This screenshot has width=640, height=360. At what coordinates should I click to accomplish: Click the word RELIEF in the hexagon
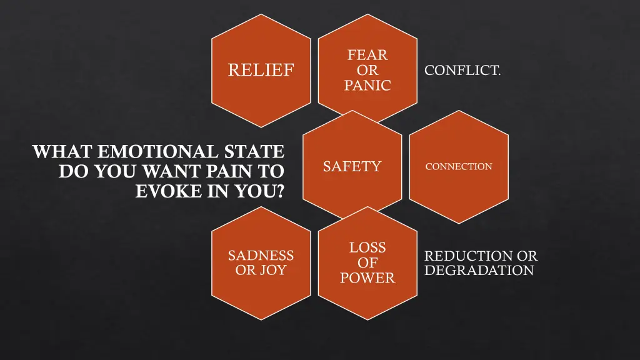(x=261, y=70)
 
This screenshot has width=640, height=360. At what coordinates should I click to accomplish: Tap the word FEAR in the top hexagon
(x=367, y=55)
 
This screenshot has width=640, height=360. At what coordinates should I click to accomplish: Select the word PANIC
(x=367, y=86)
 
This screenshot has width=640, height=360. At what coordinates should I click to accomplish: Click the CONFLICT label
(x=462, y=71)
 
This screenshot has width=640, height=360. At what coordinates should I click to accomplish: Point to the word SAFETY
(x=352, y=166)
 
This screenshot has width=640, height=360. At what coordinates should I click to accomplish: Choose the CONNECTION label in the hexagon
(x=459, y=167)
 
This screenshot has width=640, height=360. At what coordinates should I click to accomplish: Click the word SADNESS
(x=261, y=256)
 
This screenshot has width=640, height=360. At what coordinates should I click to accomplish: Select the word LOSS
(x=367, y=247)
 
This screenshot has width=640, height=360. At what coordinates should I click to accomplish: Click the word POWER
(x=367, y=278)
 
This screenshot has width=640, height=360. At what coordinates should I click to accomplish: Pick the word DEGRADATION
(x=479, y=271)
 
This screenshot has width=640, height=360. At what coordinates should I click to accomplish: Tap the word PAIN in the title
(x=226, y=171)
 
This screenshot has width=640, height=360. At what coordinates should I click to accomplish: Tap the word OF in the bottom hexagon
(x=367, y=263)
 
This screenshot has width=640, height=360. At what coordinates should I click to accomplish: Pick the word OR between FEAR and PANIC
(x=367, y=71)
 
